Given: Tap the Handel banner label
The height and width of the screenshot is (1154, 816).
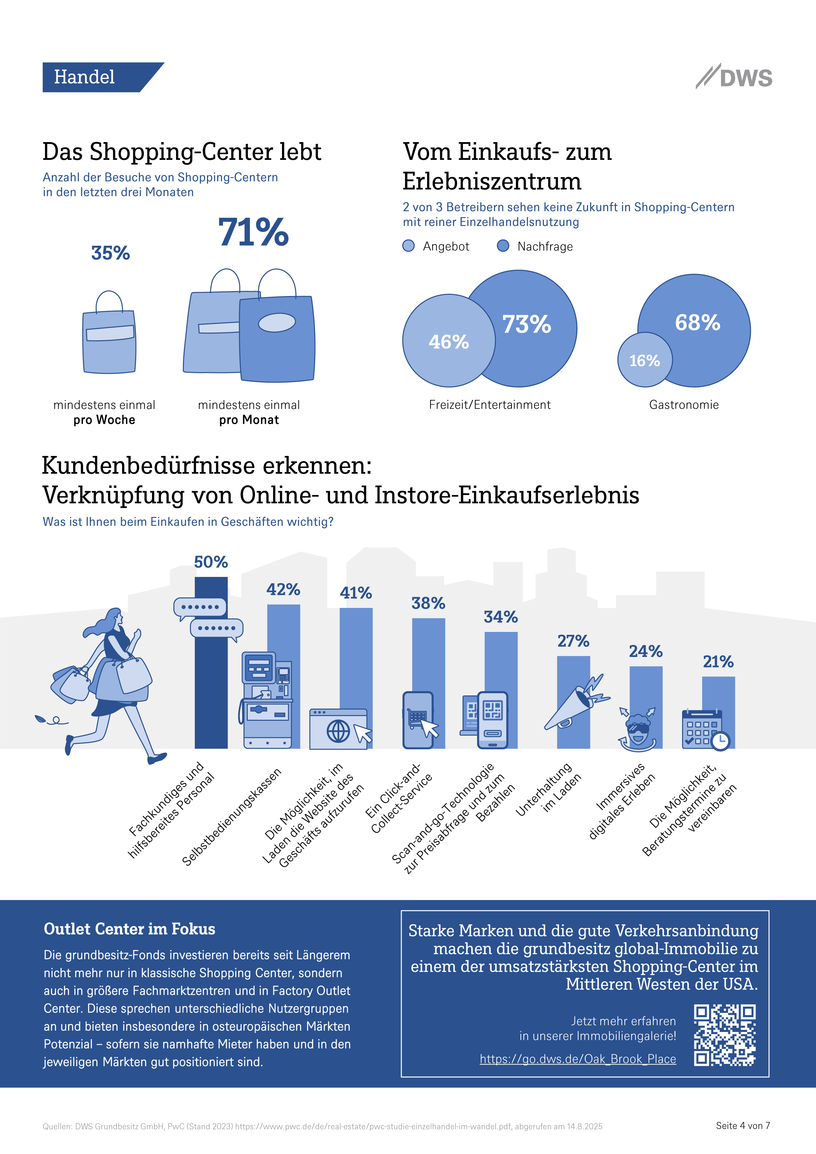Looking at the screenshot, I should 85,77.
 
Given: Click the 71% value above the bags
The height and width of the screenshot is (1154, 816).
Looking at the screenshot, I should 253,232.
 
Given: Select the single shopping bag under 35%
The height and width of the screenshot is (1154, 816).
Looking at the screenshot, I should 109,339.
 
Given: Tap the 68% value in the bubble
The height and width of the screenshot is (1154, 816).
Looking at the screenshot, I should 697,323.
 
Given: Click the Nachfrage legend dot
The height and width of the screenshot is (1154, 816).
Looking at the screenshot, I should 502,246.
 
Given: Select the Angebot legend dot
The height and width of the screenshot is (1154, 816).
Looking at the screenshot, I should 408,246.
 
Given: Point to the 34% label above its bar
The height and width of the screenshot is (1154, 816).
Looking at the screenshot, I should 501,617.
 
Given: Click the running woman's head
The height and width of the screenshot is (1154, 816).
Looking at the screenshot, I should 115,617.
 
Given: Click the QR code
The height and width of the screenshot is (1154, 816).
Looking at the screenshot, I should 725,1035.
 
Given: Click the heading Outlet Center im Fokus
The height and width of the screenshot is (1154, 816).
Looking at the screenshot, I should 129,929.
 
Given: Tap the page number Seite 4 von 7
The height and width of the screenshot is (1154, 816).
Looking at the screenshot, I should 743,1126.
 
